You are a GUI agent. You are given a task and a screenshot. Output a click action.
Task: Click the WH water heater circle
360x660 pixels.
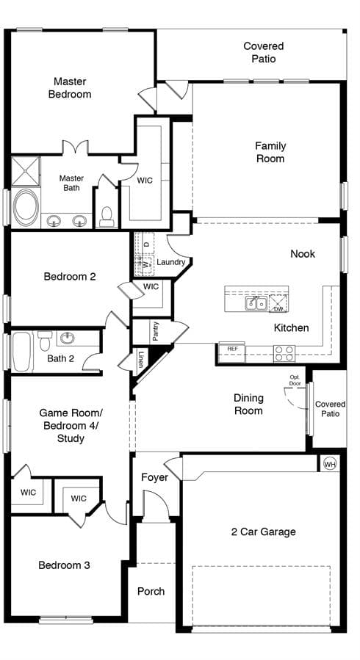point(330,464)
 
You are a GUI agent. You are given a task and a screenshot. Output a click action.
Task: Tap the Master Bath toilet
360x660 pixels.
point(107,217)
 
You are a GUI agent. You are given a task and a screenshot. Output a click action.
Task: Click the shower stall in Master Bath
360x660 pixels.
point(25,171)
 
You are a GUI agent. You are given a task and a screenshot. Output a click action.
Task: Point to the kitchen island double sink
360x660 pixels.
point(256,303)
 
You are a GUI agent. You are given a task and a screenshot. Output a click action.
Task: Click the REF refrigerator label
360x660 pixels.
point(232,349)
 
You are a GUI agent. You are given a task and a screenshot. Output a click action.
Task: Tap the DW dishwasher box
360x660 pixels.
point(278,303)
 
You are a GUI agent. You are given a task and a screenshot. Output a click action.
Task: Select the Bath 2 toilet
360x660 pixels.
point(45,341)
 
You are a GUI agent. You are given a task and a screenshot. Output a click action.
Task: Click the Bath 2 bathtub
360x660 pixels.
point(22,352)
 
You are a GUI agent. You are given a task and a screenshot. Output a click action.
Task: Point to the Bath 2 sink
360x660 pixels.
point(68,337)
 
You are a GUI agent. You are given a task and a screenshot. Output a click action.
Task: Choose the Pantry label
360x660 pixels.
point(156,331)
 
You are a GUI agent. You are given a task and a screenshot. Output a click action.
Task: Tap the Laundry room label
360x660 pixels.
point(171,262)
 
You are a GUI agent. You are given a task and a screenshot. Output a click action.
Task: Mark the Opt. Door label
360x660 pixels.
point(295,380)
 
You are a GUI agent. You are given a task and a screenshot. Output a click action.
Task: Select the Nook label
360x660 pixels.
point(303,254)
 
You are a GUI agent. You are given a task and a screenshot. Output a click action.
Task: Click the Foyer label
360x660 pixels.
point(154,477)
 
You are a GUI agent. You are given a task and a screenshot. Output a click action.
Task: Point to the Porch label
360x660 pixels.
point(151,592)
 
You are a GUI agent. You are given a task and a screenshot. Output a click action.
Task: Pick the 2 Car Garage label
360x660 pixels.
point(264,532)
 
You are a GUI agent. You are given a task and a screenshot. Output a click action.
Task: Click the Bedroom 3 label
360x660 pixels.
point(64,565)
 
